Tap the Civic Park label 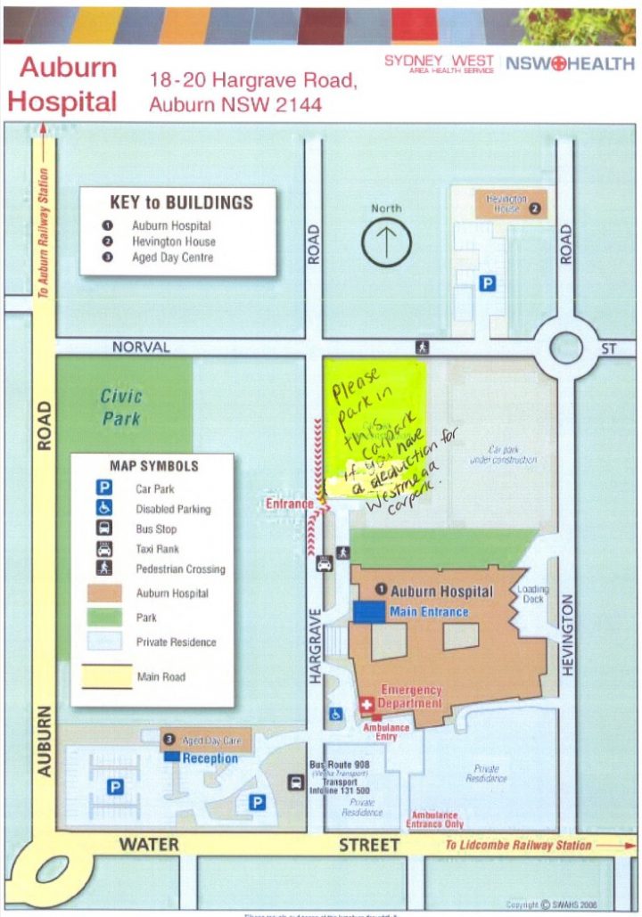(121, 406)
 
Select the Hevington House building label (506, 203)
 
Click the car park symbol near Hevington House (488, 282)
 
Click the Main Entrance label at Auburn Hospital (429, 611)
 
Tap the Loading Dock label (534, 594)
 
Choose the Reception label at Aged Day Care (210, 758)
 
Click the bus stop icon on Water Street (295, 782)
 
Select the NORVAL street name (141, 347)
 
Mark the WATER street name (149, 843)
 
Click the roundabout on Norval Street (566, 347)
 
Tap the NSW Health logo (571, 64)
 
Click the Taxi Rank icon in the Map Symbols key (105, 549)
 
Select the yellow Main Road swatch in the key (108, 677)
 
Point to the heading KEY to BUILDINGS (181, 202)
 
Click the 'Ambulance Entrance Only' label (435, 820)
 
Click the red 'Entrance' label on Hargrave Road (289, 504)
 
